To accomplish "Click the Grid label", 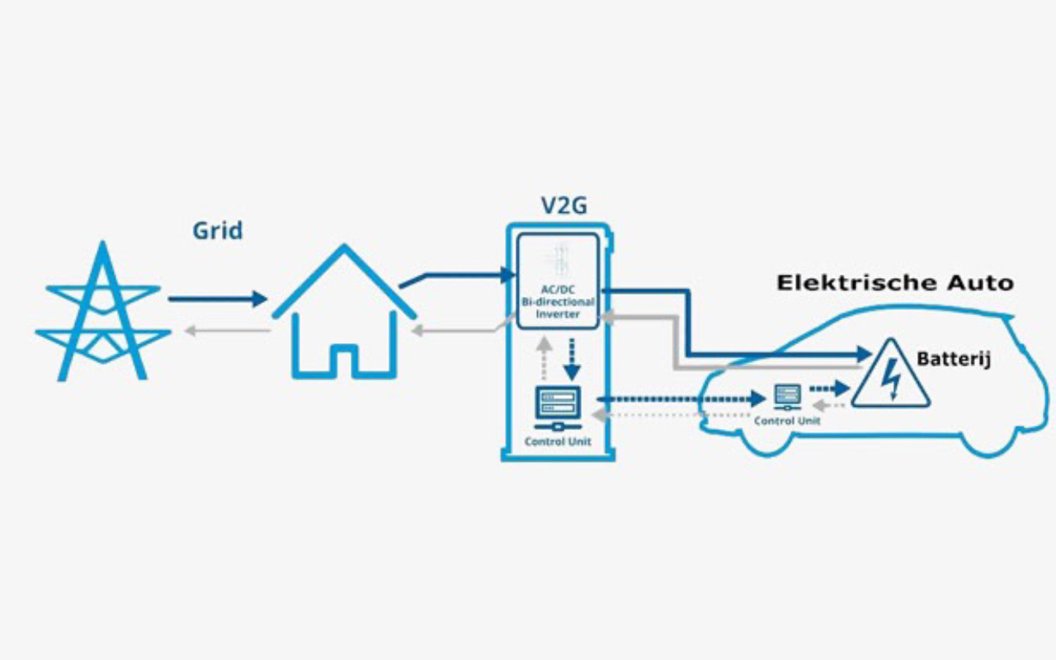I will [218, 230].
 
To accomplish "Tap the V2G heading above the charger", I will [559, 205].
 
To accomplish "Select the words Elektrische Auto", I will [894, 283].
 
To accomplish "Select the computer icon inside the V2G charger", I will [558, 408].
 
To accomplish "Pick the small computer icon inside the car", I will [786, 397].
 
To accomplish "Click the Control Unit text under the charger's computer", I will [558, 441].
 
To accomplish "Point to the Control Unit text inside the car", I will [787, 421].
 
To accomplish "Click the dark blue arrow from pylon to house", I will [217, 299].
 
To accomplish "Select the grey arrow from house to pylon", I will [227, 331].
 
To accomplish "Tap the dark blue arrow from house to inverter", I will [454, 276].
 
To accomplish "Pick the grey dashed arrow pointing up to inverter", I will [543, 356].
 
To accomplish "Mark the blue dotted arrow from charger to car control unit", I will [681, 399].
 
